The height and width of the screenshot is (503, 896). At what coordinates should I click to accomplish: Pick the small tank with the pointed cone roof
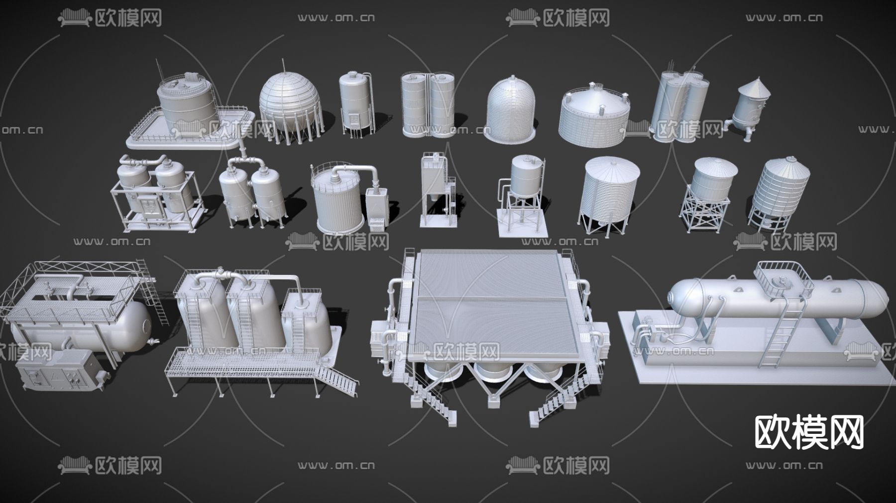[752, 107]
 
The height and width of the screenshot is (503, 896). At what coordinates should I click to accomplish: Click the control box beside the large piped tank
[376, 208]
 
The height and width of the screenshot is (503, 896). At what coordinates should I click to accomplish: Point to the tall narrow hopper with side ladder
[435, 189]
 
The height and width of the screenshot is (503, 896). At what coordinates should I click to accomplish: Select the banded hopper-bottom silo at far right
[779, 192]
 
